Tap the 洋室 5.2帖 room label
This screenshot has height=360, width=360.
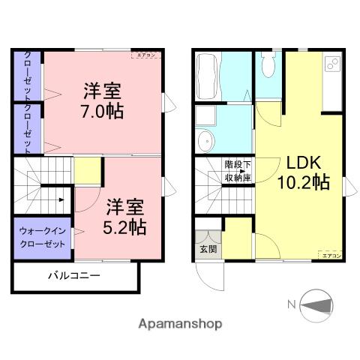pyautogui.click(x=124, y=216)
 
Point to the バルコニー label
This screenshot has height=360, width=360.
pyautogui.click(x=74, y=275)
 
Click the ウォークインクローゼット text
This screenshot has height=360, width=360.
pyautogui.click(x=43, y=237)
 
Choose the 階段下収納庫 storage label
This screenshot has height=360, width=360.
pyautogui.click(x=237, y=170)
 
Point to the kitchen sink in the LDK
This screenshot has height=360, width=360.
pyautogui.click(x=331, y=66)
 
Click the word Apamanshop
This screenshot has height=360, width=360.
pyautogui.click(x=179, y=325)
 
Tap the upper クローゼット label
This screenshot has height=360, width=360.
pyautogui.click(x=28, y=76)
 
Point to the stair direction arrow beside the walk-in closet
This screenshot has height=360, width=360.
pyautogui.click(x=62, y=199)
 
